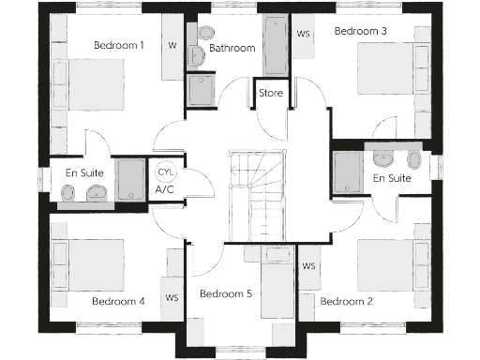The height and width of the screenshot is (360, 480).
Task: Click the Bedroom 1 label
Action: [x=119, y=44]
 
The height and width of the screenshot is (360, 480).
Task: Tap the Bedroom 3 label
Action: [x=361, y=31]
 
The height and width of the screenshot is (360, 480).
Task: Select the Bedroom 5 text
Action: [x=226, y=293]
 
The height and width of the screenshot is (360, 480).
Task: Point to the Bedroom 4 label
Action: [x=118, y=301]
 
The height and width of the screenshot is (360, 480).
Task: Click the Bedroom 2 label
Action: [x=347, y=301]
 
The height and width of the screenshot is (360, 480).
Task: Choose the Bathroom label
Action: [x=232, y=47]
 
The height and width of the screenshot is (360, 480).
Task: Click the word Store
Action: [x=271, y=93]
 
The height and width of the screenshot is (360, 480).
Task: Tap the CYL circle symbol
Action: [x=166, y=173]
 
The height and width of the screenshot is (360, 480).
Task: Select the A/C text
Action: [x=166, y=189]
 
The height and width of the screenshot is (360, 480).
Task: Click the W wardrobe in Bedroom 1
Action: [x=172, y=45]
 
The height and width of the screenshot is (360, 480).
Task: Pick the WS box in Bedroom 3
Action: [x=304, y=35]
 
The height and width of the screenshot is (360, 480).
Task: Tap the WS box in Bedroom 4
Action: [x=172, y=298]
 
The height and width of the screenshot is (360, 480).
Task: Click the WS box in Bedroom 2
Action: [x=308, y=266]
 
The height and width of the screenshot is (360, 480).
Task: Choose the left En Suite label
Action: [x=84, y=172]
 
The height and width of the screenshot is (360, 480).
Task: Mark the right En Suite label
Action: [x=392, y=178]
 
